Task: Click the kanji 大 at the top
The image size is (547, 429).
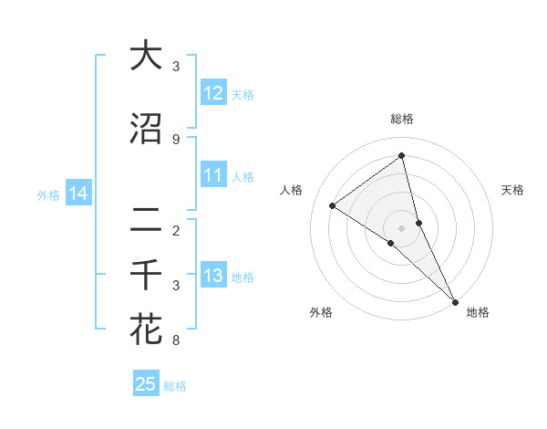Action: [147, 56]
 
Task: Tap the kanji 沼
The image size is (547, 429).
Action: [147, 129]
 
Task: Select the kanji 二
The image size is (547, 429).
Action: [147, 220]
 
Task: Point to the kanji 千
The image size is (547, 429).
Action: [147, 275]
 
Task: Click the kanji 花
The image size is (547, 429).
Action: [147, 330]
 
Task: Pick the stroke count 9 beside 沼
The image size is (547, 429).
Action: [175, 140]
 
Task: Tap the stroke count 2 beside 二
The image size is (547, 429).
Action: [175, 231]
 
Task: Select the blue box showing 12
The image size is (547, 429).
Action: [213, 93]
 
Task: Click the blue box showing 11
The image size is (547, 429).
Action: [213, 175]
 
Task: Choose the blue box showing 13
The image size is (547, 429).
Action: [213, 276]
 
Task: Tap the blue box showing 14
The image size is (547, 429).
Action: [78, 194]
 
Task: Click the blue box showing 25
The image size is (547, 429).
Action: [146, 384]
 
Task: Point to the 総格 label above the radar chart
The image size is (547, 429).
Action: [402, 120]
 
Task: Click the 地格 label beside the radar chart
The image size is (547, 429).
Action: [478, 312]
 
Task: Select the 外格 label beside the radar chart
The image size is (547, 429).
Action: [321, 312]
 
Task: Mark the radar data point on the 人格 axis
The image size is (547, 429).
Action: [333, 205]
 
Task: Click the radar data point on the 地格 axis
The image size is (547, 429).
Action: [455, 301]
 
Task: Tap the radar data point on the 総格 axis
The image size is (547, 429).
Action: [402, 156]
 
